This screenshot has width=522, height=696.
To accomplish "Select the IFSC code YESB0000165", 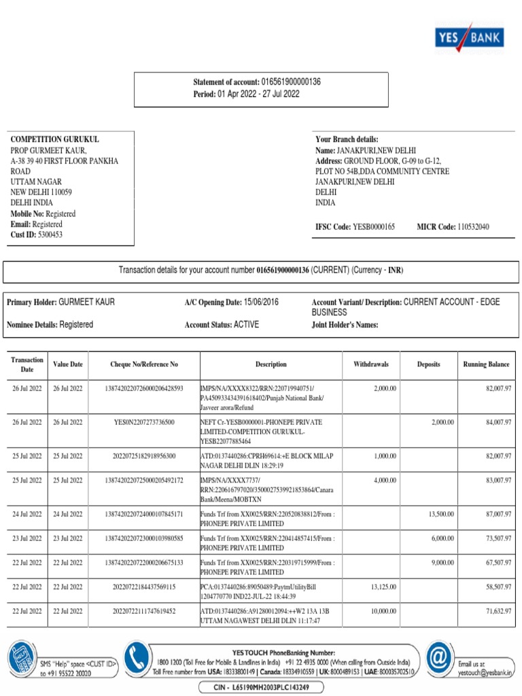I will (371, 226).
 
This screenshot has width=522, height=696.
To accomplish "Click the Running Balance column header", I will (486, 364).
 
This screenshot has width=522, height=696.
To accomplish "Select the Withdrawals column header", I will (370, 364).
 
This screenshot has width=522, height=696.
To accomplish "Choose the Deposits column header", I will (428, 364).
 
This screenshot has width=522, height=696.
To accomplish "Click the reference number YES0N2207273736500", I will (143, 422).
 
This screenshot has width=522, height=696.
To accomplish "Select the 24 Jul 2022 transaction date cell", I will (27, 515).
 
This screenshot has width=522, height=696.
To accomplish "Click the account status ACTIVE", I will (246, 325).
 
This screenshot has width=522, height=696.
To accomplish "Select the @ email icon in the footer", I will (437, 659).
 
